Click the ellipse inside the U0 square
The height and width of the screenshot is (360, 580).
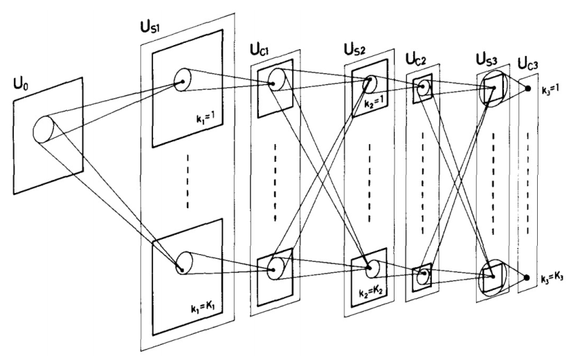(x=44, y=129)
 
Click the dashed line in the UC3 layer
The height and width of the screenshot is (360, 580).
(x=530, y=183)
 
